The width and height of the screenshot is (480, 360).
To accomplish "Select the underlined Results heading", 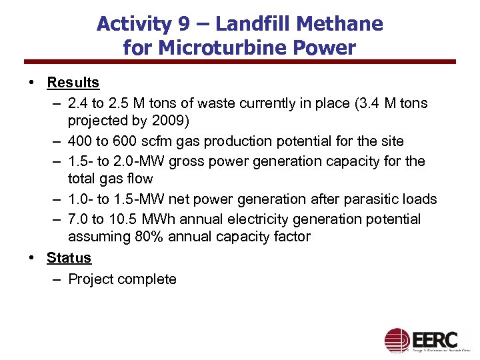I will [x=73, y=83].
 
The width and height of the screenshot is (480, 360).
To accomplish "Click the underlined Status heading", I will [x=69, y=257].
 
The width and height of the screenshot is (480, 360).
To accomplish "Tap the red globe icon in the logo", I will [x=397, y=340].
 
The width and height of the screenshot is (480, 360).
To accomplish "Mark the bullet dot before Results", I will [x=32, y=83].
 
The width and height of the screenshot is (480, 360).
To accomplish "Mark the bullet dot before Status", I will [x=32, y=257].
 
